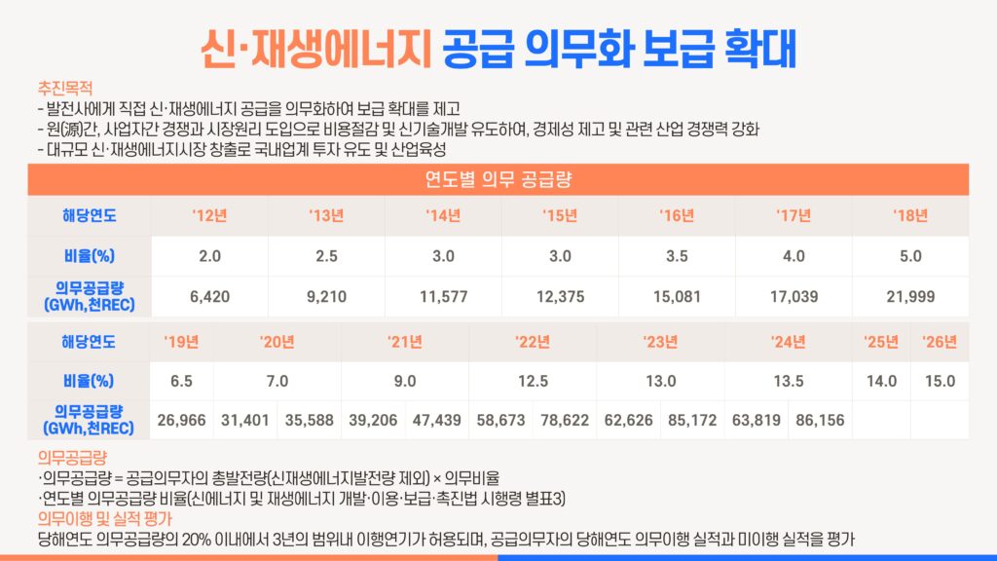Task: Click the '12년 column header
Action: (209, 216)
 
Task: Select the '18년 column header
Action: (910, 216)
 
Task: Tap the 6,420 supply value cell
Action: (209, 297)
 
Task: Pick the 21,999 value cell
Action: (910, 297)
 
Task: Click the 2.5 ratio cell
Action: (326, 256)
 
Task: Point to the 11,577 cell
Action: (443, 297)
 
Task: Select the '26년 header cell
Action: (940, 342)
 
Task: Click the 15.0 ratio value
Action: (940, 381)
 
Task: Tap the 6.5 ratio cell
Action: (181, 381)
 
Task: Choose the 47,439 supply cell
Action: (436, 420)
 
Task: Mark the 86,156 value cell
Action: (820, 420)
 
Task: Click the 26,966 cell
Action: (181, 420)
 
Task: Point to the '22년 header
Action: (533, 342)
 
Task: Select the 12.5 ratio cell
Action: (533, 381)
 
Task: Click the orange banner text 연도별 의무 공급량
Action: (498, 179)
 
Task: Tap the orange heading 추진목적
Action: (63, 87)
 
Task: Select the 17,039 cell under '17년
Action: (794, 297)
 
